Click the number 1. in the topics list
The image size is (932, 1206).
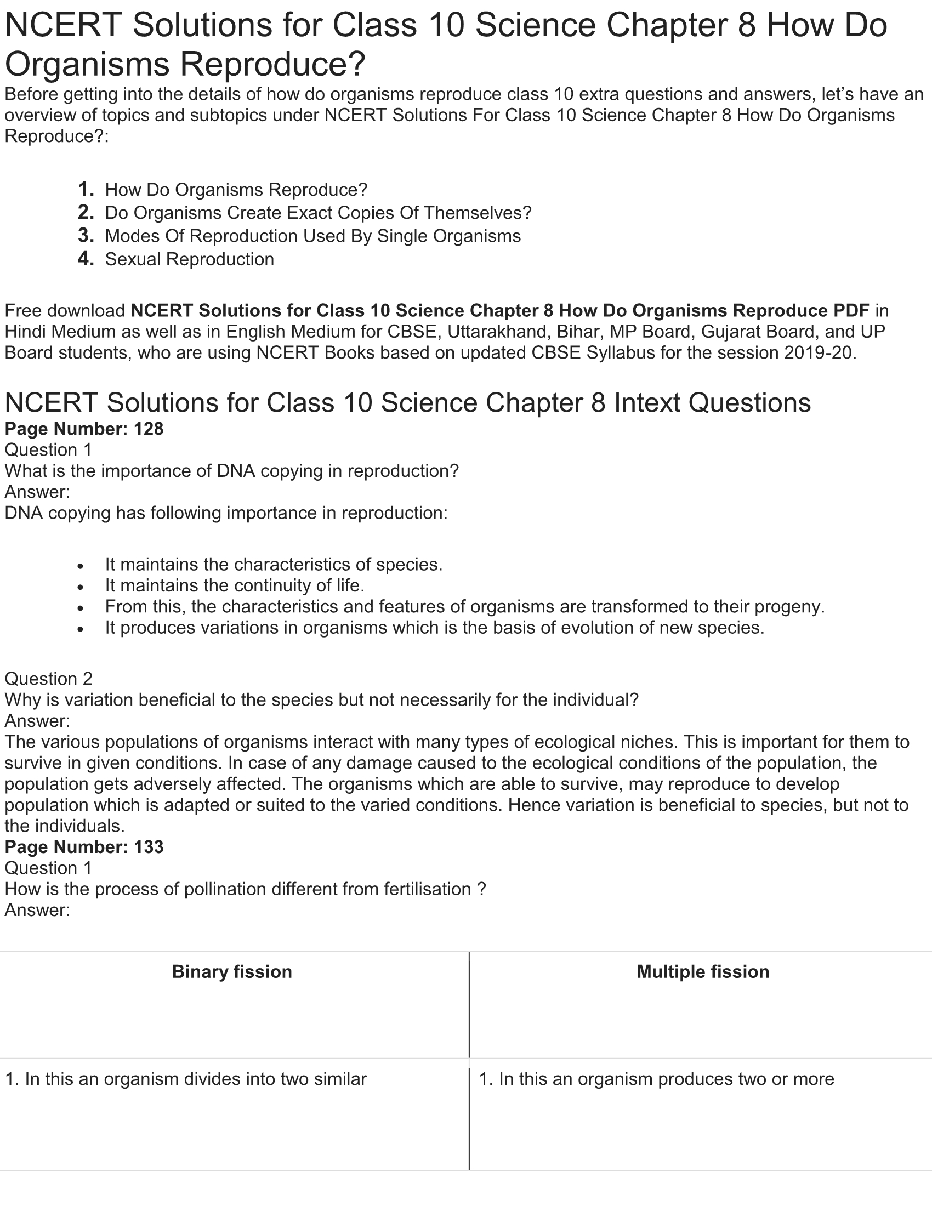[86, 190]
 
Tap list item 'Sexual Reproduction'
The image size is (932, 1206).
[189, 259]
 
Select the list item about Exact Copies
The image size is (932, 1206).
[318, 213]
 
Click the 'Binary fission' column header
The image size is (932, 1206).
[232, 971]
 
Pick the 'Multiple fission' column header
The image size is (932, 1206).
[702, 971]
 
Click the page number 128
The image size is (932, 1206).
[149, 429]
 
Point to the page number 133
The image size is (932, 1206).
[149, 846]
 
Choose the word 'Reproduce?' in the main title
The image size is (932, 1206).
[273, 64]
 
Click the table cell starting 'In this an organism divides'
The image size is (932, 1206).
[185, 1078]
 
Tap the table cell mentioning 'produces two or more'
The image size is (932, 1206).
[656, 1078]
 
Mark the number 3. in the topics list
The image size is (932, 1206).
[86, 236]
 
